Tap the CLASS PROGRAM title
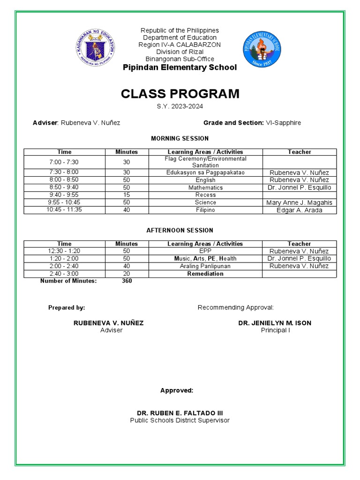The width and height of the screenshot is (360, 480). (180, 94)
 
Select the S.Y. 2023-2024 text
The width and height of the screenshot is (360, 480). (180, 106)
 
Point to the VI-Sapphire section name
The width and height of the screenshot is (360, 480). (284, 123)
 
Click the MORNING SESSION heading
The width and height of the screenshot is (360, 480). (180, 138)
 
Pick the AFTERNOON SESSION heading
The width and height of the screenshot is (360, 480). (180, 230)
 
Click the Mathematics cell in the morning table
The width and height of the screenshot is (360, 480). (205, 187)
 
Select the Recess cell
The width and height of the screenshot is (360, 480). (205, 195)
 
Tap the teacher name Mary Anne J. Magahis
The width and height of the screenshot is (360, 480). (299, 202)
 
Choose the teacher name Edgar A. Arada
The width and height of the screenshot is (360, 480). (299, 210)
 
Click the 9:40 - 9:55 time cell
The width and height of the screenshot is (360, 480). (64, 195)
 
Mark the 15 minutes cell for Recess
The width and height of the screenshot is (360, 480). (127, 195)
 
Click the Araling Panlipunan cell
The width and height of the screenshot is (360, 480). (205, 266)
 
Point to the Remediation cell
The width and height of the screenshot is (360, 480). (205, 274)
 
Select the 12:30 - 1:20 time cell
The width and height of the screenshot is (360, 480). (64, 251)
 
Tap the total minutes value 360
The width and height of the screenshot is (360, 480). (127, 281)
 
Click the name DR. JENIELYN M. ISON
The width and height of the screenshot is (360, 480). (275, 323)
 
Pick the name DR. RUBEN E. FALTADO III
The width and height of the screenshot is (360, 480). (180, 413)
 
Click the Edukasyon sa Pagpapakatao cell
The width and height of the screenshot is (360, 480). (205, 172)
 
